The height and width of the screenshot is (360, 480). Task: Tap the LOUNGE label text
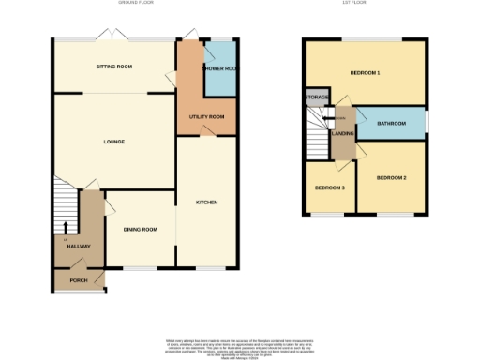coord(114,142)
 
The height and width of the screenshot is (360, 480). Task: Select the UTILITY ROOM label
coord(205,116)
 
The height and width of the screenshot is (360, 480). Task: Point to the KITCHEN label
coord(207,202)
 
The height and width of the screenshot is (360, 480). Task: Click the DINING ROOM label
coord(140,230)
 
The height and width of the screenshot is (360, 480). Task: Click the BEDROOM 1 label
coord(365,72)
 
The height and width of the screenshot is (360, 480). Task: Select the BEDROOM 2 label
coord(391,177)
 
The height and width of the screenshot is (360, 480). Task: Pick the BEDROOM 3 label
coord(329,187)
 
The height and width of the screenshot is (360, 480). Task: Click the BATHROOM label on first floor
coord(391,123)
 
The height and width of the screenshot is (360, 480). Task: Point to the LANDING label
coord(342,133)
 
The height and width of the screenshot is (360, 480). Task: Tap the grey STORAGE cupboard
coord(313,97)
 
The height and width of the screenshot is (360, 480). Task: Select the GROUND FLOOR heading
coord(137,4)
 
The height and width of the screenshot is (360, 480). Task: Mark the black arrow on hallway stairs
coord(65,226)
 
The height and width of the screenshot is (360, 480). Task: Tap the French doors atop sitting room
coord(114,35)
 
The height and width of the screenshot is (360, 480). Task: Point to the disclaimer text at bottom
coord(239,344)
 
